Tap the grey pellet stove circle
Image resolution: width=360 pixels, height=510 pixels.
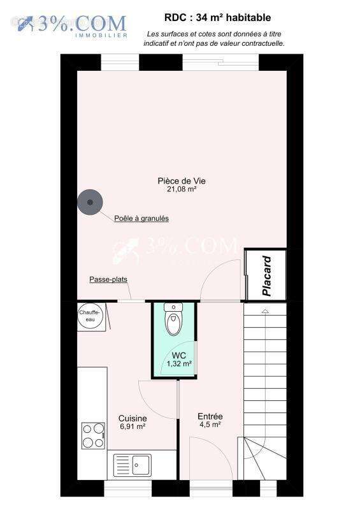coord(90,202)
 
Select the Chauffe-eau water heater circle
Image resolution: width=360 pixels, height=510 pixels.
coord(90,316)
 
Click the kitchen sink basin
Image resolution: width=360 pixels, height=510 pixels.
coord(141,465)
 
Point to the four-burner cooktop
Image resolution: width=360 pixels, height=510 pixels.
coord(93,435)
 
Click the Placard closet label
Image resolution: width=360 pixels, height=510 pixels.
coord(267,276)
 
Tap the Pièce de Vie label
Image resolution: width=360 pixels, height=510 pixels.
coord(182,181)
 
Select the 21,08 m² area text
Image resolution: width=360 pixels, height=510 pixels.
coord(182,189)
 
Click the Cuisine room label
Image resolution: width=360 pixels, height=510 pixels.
coord(133,418)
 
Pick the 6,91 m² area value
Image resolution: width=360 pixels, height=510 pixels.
coord(133,426)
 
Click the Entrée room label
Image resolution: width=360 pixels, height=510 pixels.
coord(210,416)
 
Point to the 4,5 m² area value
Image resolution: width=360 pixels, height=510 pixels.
coord(210,425)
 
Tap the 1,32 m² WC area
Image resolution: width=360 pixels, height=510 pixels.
coord(179,363)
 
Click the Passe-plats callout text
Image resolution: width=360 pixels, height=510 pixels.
coord(108,279)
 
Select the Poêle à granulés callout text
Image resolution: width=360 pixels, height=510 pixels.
coord(141,218)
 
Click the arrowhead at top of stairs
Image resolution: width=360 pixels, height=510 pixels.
coord(265,311)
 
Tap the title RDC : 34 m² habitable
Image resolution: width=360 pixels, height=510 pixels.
coord(217,18)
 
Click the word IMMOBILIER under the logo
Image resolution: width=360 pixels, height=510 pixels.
coord(101,35)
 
